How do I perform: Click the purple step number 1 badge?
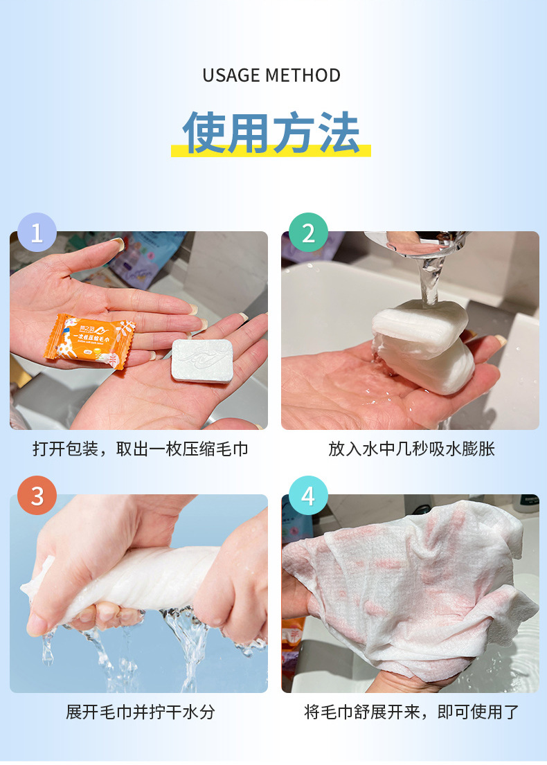coord(37,232)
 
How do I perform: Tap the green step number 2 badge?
coord(308,232)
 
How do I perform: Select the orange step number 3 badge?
coord(37,495)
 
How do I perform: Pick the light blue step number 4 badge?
coord(308,495)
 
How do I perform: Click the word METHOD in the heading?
coord(306,75)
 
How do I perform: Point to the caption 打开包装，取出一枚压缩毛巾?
coord(141,449)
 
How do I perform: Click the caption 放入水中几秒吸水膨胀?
coord(411,449)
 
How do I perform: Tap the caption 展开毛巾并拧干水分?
coord(141,712)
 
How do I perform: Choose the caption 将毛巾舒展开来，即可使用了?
coord(411,712)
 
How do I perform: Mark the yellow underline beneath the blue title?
coord(271,151)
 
